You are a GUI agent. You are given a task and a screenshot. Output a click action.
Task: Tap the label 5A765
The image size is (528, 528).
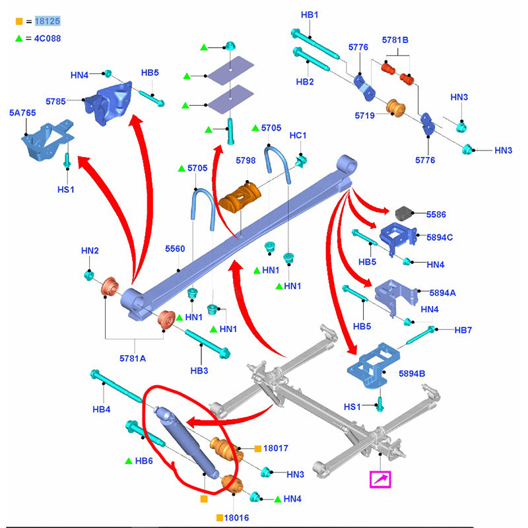(22, 114)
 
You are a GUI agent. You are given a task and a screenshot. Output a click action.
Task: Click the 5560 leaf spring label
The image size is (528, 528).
(175, 249)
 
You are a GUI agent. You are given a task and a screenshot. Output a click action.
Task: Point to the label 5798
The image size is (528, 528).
(246, 160)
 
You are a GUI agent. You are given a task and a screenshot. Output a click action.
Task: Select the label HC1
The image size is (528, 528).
(298, 135)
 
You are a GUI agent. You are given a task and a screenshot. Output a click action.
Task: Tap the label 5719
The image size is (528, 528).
(364, 115)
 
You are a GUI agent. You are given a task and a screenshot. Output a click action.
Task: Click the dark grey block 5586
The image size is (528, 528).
(403, 214)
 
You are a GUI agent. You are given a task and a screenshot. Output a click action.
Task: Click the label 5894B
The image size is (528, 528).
(412, 374)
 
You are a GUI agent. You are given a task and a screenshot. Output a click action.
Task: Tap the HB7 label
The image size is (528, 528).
(447, 329)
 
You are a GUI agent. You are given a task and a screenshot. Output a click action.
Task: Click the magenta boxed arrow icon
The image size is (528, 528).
(380, 480)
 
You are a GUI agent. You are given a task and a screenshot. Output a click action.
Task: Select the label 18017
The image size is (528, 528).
(276, 448)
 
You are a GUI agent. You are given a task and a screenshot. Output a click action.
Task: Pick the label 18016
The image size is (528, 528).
(235, 517)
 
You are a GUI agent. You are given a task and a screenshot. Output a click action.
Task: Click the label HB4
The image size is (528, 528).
(101, 410)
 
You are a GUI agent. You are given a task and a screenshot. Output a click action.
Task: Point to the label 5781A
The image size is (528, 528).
(133, 358)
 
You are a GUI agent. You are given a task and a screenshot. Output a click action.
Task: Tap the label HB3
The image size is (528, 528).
(199, 371)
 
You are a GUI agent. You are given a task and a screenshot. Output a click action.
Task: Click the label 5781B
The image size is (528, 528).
(395, 40)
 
